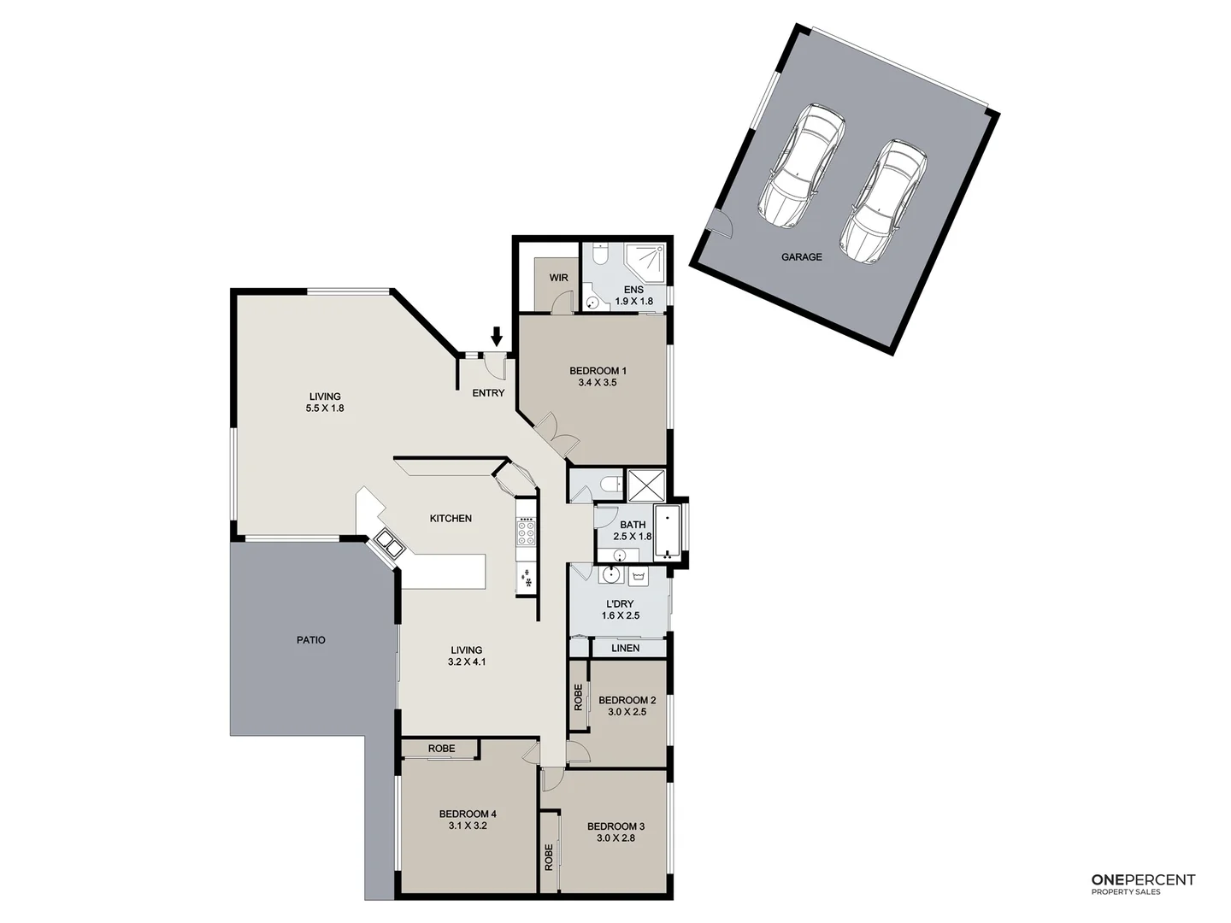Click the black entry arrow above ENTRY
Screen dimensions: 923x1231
click(497, 337)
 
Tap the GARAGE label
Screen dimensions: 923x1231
click(801, 256)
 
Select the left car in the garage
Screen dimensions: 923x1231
click(801, 167)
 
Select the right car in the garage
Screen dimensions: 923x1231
click(883, 202)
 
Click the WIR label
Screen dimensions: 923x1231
click(559, 278)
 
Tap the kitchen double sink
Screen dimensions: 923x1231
click(387, 544)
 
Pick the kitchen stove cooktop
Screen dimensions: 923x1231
click(525, 533)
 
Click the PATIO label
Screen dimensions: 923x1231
click(311, 639)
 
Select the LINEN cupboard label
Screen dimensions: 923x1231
click(626, 648)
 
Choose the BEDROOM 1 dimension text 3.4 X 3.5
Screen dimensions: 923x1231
click(598, 383)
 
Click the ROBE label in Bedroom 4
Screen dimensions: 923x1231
click(441, 749)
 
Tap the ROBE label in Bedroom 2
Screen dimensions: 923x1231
click(579, 697)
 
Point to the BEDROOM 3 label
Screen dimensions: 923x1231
click(615, 826)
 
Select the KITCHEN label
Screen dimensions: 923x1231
click(451, 519)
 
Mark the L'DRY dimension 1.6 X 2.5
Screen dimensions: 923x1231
click(620, 615)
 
